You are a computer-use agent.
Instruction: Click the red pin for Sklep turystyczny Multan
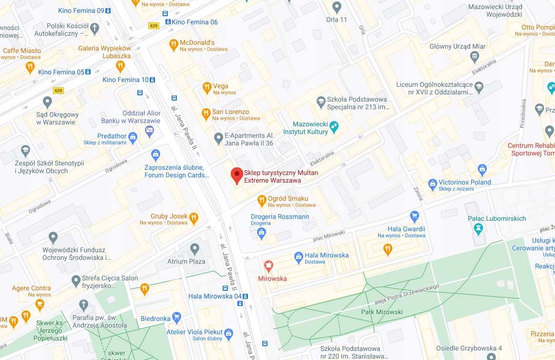pos(236,175)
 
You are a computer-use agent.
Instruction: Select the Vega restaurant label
pos(221,86)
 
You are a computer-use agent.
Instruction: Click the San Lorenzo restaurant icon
pos(206,113)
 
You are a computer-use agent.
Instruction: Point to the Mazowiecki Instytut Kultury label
pos(306,128)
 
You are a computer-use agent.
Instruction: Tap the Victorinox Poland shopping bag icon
pos(432,183)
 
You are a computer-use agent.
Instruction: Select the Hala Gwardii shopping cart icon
pos(414,215)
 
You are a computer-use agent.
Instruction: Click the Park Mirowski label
pos(382,312)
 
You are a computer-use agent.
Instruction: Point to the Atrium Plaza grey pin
pos(194,248)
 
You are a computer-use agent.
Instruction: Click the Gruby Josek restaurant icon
pos(194,218)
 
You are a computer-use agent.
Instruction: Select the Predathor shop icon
pos(133,137)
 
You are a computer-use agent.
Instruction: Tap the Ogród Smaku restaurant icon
pos(261,200)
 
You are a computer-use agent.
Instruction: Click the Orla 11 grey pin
pos(337,7)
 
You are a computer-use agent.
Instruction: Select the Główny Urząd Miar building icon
pos(474,57)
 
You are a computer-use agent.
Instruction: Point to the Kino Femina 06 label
pos(195,22)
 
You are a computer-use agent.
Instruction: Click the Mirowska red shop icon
pos(268,265)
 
